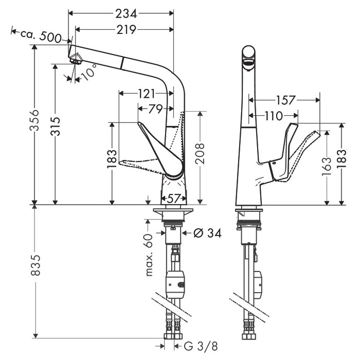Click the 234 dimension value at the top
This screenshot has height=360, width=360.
click(126, 14)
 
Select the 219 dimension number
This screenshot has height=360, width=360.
click(127, 30)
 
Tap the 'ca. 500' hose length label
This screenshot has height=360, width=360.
click(41, 35)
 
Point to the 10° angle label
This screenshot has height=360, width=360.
click(88, 72)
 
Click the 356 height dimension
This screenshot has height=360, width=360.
click(34, 120)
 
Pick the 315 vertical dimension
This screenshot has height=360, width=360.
click(56, 127)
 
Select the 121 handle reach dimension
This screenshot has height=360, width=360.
click(146, 94)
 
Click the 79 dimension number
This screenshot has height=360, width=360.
click(155, 109)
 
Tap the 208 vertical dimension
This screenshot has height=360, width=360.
click(200, 153)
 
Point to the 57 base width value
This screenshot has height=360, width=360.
click(173, 198)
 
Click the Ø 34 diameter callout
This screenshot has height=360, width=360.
click(208, 233)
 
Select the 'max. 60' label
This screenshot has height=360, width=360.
click(149, 255)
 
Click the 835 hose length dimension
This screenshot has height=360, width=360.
click(35, 265)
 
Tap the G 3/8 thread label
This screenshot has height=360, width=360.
click(201, 346)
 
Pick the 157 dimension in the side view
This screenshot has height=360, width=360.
click(285, 100)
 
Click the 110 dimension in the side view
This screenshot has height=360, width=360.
click(274, 116)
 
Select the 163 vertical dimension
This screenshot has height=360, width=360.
click(326, 167)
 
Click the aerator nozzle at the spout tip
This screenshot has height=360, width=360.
click(76, 60)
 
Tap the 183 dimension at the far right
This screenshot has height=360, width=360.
click(341, 159)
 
